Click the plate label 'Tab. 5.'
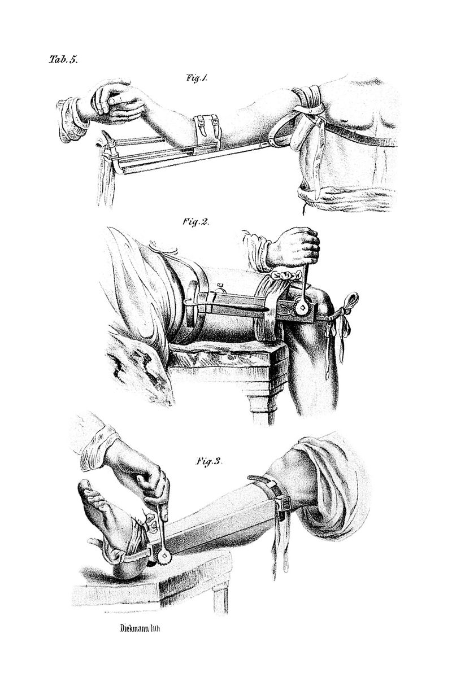pyautogui.click(x=64, y=59)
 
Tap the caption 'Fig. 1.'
pyautogui.click(x=197, y=78)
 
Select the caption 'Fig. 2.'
pyautogui.click(x=196, y=222)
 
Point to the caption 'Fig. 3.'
pyautogui.click(x=208, y=461)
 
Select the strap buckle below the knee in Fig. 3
pyautogui.click(x=284, y=504)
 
